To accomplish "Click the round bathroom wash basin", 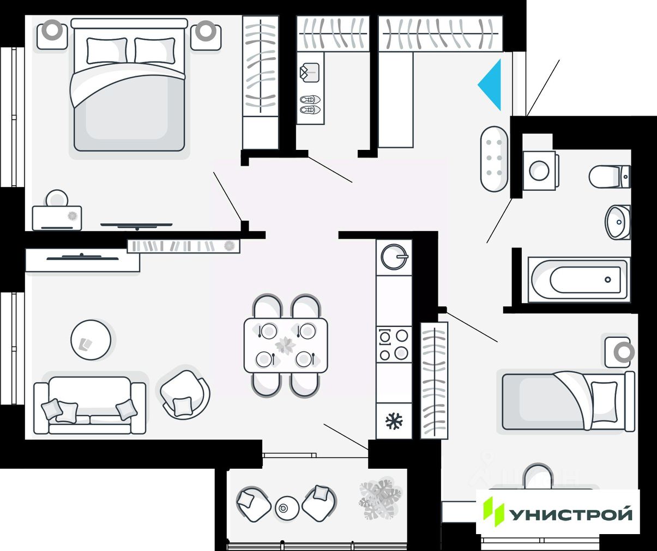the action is tap(618, 222).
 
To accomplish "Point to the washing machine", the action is tap(539, 171).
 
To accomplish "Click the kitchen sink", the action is tap(394, 256).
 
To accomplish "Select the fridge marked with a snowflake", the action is tap(394, 421).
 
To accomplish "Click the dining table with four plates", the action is tap(286, 346).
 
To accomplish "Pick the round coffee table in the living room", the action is tap(91, 340).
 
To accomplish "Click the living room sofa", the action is tap(90, 406).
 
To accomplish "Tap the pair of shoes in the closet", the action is tap(310, 105).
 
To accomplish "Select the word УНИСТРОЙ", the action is tap(571, 514).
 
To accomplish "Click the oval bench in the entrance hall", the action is tap(494, 159).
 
